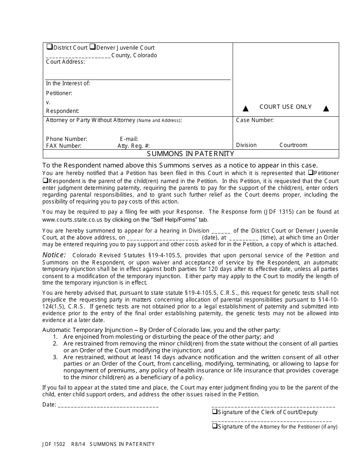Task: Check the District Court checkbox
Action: (49, 47)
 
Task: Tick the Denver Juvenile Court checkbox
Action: (92, 47)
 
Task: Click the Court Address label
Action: (65, 62)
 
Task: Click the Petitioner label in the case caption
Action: (59, 93)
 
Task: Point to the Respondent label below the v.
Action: (63, 111)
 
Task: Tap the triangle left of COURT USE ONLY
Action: (246, 109)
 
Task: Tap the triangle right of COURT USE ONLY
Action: (326, 109)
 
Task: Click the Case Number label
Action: (255, 120)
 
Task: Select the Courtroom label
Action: (293, 145)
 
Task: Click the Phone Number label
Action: (66, 139)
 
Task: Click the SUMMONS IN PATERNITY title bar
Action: (191, 154)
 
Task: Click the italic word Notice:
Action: (54, 255)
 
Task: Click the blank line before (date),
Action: (162, 238)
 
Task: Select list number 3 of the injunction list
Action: (55, 357)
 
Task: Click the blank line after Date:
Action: (108, 405)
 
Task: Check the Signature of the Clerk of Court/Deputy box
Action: (214, 412)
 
